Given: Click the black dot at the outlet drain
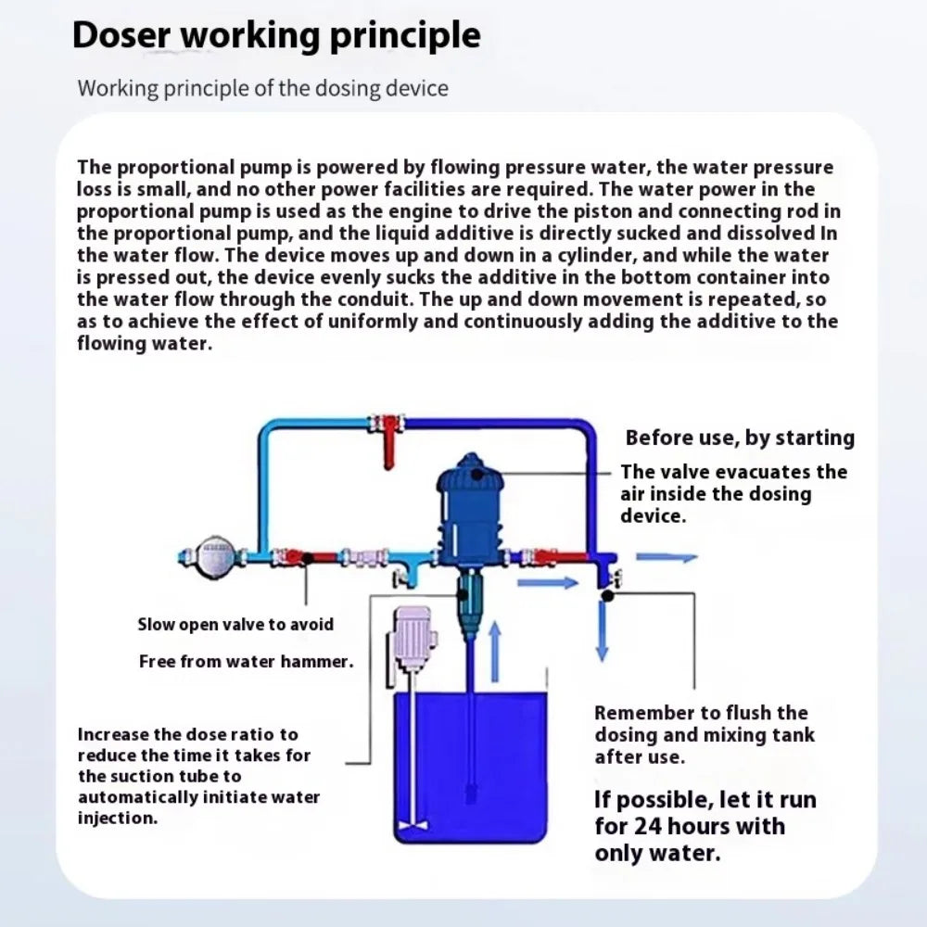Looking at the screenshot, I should click(x=605, y=596).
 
